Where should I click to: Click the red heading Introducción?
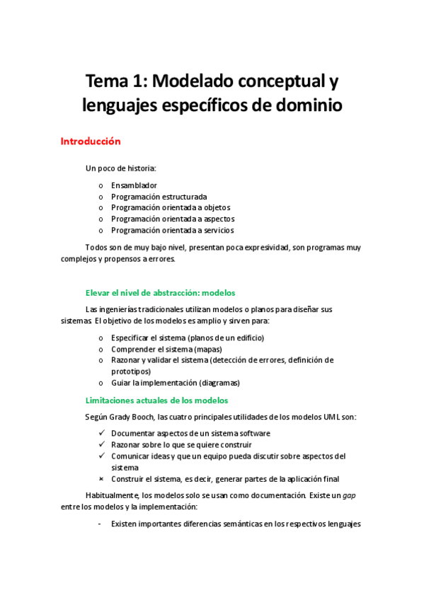click(90, 142)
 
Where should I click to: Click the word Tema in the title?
click(108, 80)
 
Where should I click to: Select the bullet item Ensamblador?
click(134, 185)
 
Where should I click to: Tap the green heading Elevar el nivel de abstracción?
click(160, 292)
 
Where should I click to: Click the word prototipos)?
click(131, 371)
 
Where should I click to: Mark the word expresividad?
click(297, 248)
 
